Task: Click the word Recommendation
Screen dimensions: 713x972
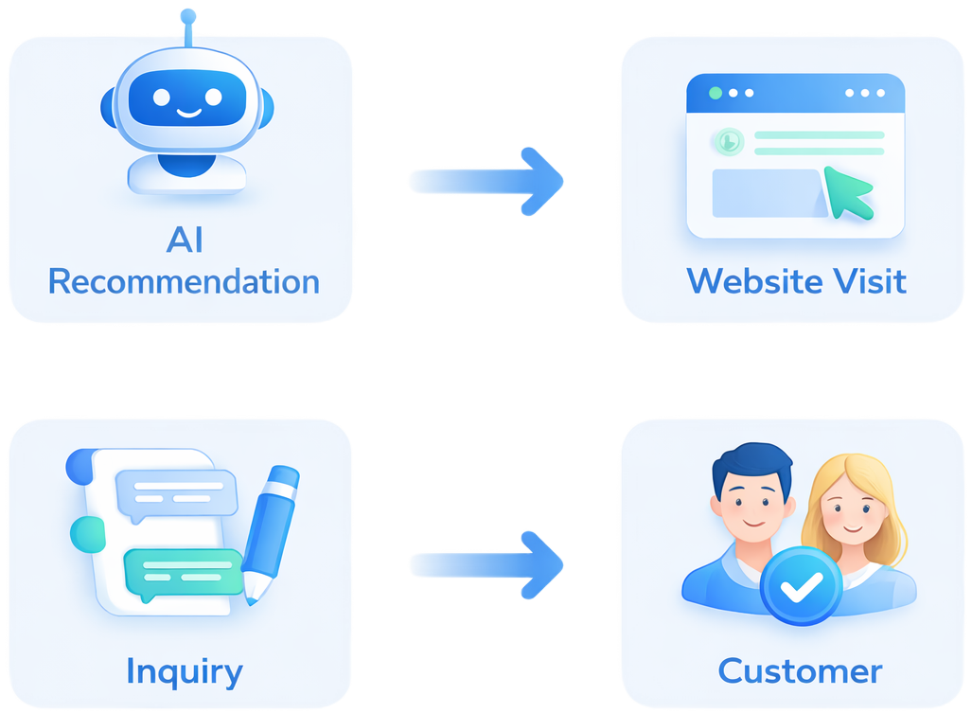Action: pyautogui.click(x=184, y=281)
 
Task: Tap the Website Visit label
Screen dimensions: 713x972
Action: pyautogui.click(x=796, y=281)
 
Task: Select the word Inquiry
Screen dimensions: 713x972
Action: pyautogui.click(x=185, y=671)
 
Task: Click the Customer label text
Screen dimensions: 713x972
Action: pyautogui.click(x=800, y=671)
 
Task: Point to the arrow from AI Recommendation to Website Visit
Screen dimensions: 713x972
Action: pyautogui.click(x=487, y=179)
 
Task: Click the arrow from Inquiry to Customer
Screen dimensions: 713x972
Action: pyautogui.click(x=487, y=565)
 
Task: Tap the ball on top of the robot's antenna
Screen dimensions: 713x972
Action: pyautogui.click(x=187, y=15)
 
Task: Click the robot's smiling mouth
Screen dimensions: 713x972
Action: pyautogui.click(x=188, y=113)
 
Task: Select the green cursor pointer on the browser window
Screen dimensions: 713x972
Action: pyautogui.click(x=846, y=189)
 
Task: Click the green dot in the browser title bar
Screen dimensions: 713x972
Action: pyautogui.click(x=716, y=93)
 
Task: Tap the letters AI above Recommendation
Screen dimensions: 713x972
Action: pyautogui.click(x=185, y=241)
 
